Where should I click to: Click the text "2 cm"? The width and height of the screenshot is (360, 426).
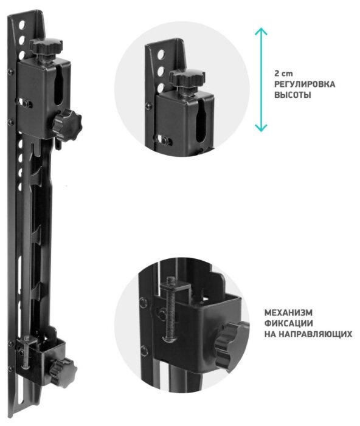click(283, 74)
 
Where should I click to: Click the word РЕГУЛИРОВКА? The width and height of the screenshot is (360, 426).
click(305, 84)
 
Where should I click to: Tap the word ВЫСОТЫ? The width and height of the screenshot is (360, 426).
click(292, 95)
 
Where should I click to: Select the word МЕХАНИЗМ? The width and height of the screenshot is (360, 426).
click(288, 313)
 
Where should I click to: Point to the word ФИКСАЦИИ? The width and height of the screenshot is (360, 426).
click(288, 323)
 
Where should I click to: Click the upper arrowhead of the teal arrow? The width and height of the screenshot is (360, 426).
click(261, 31)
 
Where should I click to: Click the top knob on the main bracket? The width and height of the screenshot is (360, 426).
click(46, 47)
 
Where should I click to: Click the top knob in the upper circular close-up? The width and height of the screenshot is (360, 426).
click(187, 77)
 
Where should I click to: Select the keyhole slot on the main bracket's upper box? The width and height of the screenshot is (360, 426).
click(59, 88)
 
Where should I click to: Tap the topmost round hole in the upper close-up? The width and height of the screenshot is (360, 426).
click(161, 55)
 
